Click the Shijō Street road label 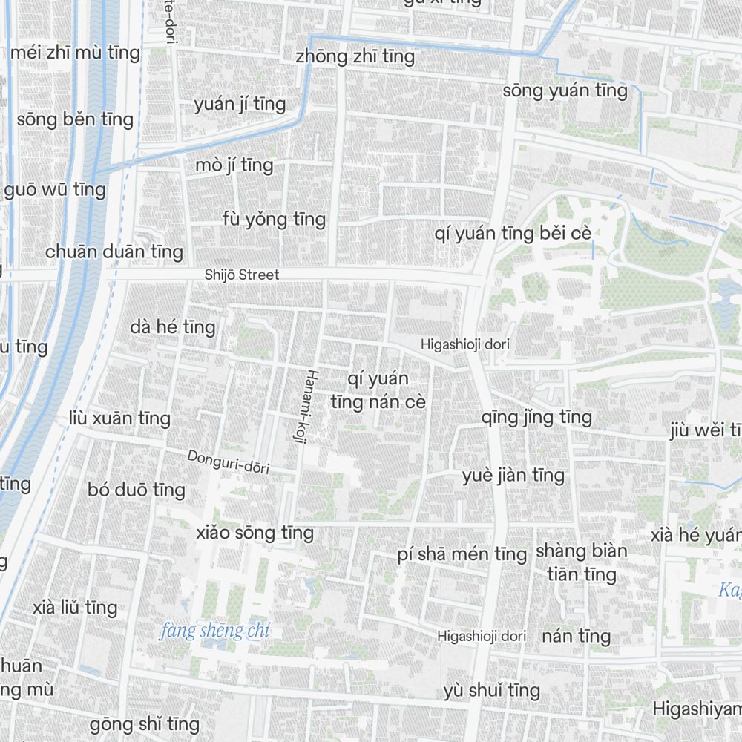click(242, 275)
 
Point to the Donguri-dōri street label click(228, 462)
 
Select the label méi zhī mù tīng click(75, 53)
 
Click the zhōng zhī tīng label click(355, 56)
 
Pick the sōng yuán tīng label click(565, 91)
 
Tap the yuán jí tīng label click(240, 105)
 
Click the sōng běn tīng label click(75, 119)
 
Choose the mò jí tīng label click(234, 165)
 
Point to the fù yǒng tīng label click(274, 219)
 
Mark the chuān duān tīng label click(114, 252)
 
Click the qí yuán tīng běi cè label click(513, 234)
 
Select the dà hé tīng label click(172, 327)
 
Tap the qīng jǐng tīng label click(536, 417)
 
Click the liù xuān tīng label click(119, 418)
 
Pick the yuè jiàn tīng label click(513, 475)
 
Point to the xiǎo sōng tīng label click(255, 533)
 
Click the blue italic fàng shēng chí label click(214, 631)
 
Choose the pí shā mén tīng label click(462, 554)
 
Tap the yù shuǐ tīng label click(492, 691)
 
